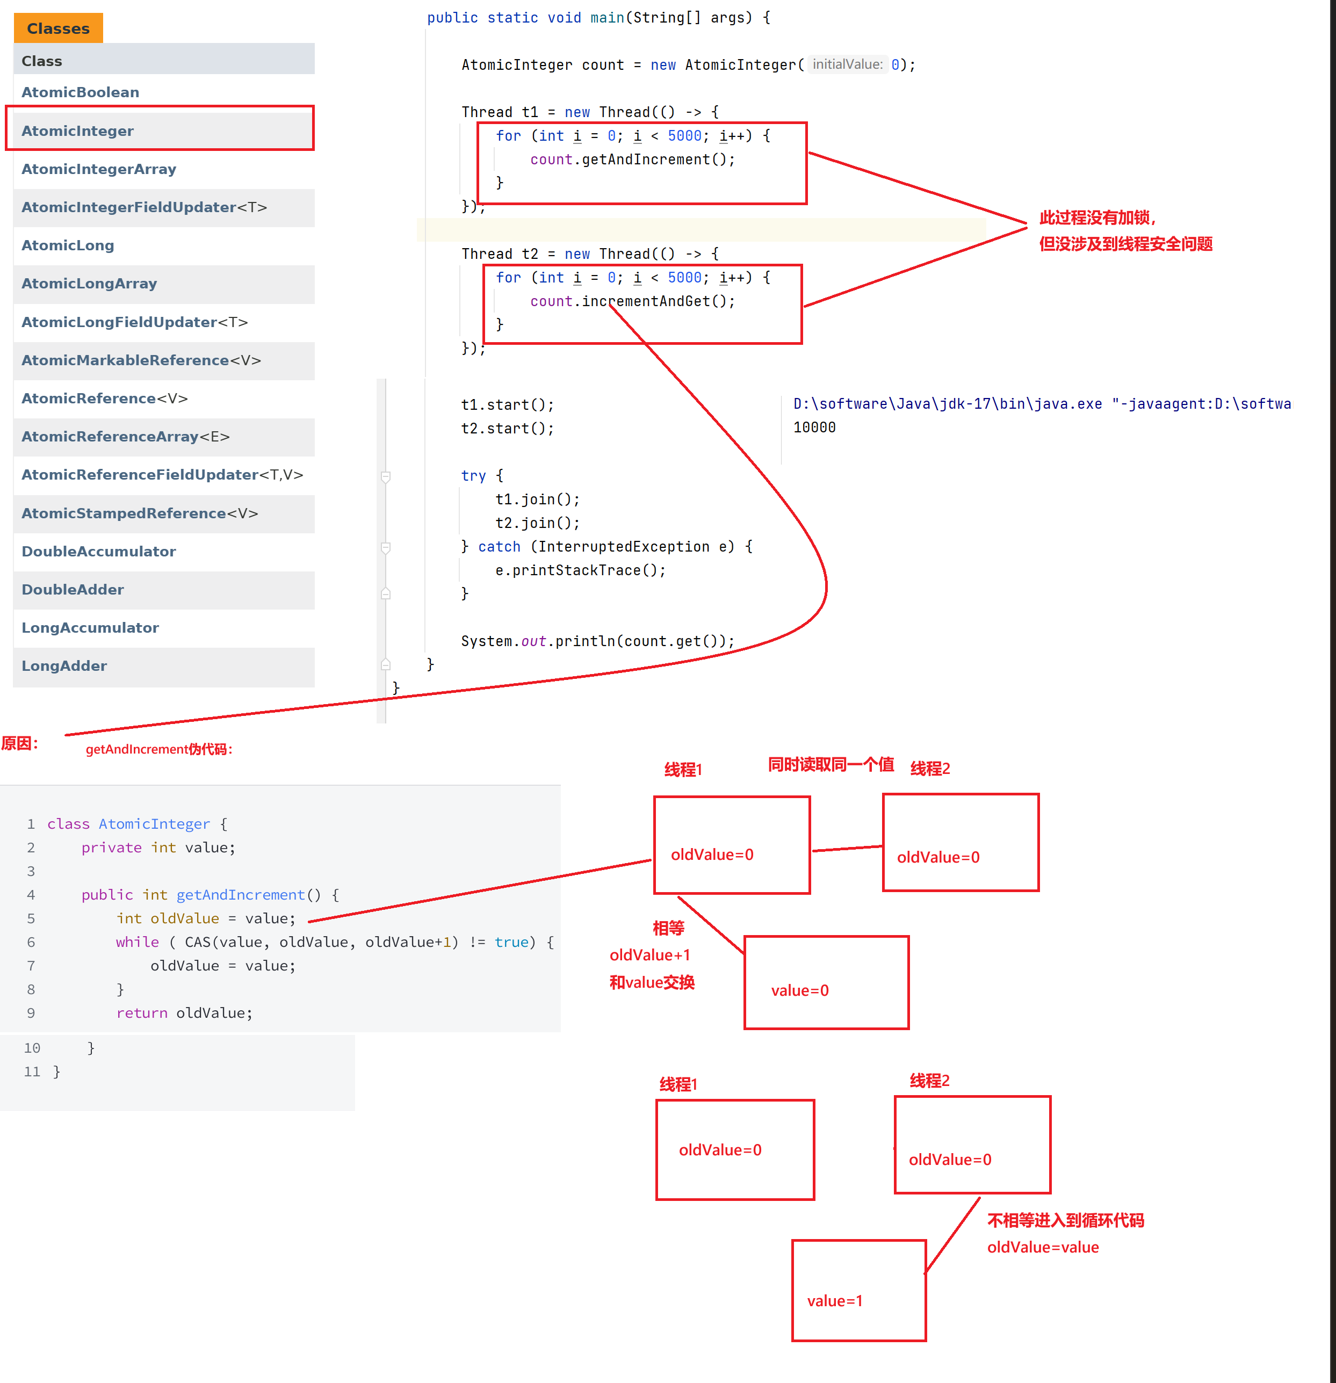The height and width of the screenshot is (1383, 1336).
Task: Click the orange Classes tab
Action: pos(58,29)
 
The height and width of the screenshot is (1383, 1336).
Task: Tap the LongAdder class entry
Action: pos(64,666)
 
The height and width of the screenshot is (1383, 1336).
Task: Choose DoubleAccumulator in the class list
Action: pos(99,552)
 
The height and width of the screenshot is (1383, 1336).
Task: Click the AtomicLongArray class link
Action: pos(89,284)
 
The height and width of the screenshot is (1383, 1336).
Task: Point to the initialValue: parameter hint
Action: pos(847,65)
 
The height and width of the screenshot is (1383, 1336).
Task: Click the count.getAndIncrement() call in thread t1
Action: pos(632,160)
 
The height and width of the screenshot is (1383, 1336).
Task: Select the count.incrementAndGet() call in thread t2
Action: pos(632,302)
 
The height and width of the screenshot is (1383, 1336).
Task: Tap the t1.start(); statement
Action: pos(508,405)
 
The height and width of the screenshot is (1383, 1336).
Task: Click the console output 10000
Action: pos(814,428)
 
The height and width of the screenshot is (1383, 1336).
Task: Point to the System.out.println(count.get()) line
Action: pos(597,641)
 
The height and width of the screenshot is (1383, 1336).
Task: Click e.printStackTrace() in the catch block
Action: pos(580,570)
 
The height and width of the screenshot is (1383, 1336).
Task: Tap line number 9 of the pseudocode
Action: pos(31,1013)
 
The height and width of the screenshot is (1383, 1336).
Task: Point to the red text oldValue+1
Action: pos(649,955)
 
